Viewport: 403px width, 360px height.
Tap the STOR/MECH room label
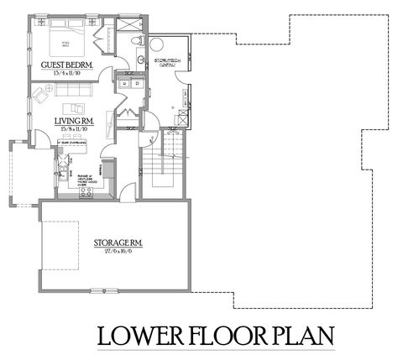(x=163, y=62)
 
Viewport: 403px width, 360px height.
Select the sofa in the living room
(x=77, y=107)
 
